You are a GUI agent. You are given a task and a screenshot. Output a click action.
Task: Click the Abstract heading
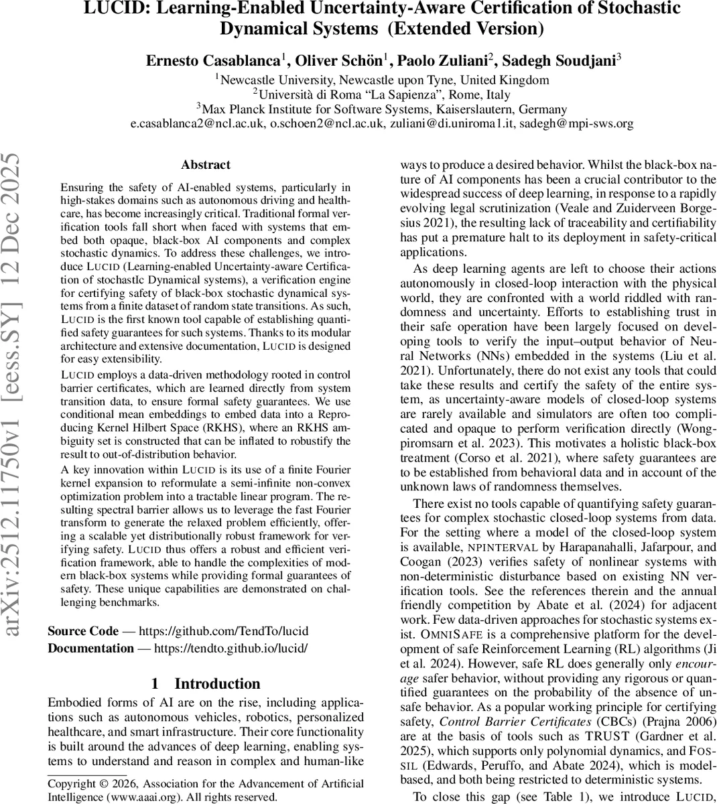click(206, 165)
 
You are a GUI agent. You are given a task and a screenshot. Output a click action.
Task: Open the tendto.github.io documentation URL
click(231, 648)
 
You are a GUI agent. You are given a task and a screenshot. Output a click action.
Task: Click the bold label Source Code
click(83, 631)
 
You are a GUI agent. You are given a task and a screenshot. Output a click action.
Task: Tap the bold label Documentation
click(90, 648)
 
